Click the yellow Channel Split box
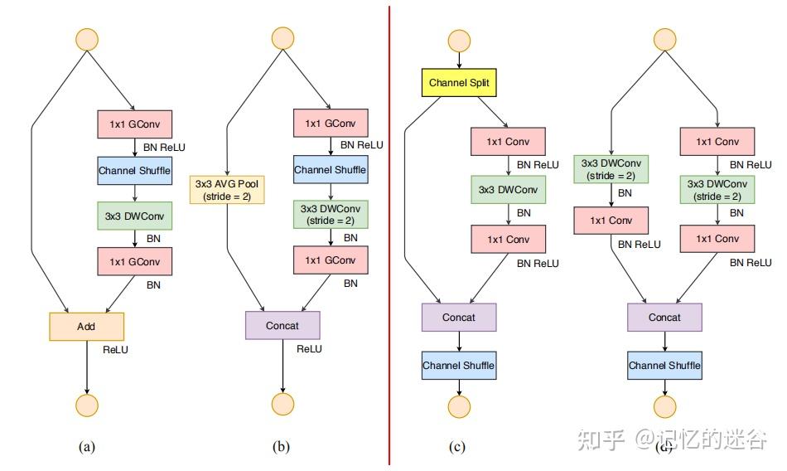coord(461,83)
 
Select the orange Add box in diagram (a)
coord(86,327)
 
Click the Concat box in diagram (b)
coord(282,326)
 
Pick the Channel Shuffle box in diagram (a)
coord(134,172)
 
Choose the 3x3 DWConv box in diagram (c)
coord(507,190)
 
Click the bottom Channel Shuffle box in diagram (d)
coord(664,366)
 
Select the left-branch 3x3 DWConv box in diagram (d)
coord(611,169)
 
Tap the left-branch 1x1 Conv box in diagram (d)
coord(611,221)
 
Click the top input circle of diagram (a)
coord(86,39)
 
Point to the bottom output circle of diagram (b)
coord(282,404)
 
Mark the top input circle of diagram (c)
coord(459,41)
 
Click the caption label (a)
coord(86,447)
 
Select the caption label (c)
coord(457,447)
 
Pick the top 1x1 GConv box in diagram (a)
coord(134,125)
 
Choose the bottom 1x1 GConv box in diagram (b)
coord(330,260)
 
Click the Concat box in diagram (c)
coord(459,318)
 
